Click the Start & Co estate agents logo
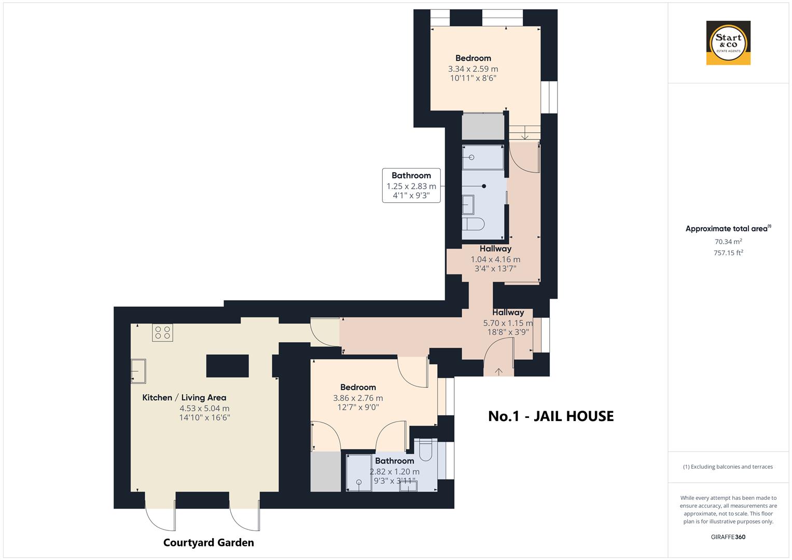728,43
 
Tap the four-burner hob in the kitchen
163,333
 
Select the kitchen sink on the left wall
138,371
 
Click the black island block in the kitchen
227,366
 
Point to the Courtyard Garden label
209,542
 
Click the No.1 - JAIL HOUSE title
551,416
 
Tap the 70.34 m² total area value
728,242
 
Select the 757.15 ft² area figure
728,253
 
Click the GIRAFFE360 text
728,537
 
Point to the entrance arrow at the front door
499,372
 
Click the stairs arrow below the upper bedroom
525,133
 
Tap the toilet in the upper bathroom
473,224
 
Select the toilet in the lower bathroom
426,451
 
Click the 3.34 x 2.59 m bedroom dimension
473,69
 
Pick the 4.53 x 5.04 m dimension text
204,409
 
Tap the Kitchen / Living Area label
184,397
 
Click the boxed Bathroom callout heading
411,175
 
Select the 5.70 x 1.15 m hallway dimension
508,323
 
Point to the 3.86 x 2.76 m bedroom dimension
358,398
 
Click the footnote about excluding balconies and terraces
728,467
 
